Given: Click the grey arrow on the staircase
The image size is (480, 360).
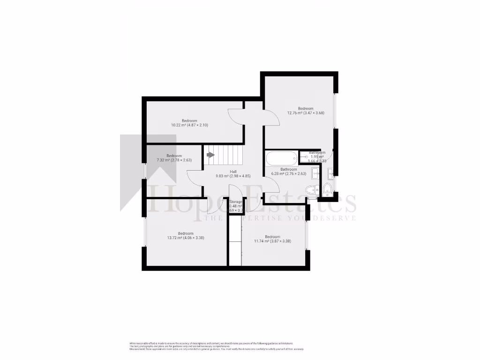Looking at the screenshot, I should coord(210,155).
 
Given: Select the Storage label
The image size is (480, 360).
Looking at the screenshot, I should coord(236,202).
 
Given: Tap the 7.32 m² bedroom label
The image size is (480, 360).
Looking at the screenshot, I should coord(174,158).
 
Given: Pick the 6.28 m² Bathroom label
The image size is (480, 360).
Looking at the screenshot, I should coord(288,172).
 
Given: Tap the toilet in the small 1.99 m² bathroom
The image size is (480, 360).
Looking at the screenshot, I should coord(327,189).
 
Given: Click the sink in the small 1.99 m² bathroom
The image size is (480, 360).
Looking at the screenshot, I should coord(330,173).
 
